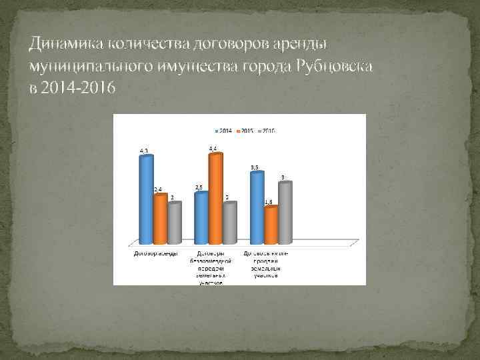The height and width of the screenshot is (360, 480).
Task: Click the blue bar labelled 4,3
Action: click(x=145, y=199)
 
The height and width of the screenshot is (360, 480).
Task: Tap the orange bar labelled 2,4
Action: click(x=160, y=219)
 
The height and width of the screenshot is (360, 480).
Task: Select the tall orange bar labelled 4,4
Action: click(x=215, y=199)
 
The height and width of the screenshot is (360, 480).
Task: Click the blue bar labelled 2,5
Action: click(x=200, y=217)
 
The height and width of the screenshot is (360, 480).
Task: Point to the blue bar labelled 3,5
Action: click(x=256, y=207)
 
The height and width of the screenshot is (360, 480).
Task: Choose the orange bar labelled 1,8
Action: click(x=270, y=225)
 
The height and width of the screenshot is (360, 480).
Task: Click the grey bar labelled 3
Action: click(x=285, y=212)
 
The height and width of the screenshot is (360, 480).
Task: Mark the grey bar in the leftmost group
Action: click(x=174, y=223)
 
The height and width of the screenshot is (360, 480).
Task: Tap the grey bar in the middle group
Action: click(x=229, y=223)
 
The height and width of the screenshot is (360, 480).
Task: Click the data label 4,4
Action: click(x=213, y=148)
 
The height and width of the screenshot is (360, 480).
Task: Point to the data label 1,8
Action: click(x=268, y=201)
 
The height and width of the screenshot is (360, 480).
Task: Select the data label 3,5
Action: click(x=255, y=167)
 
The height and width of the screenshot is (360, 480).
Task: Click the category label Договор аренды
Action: click(x=155, y=254)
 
